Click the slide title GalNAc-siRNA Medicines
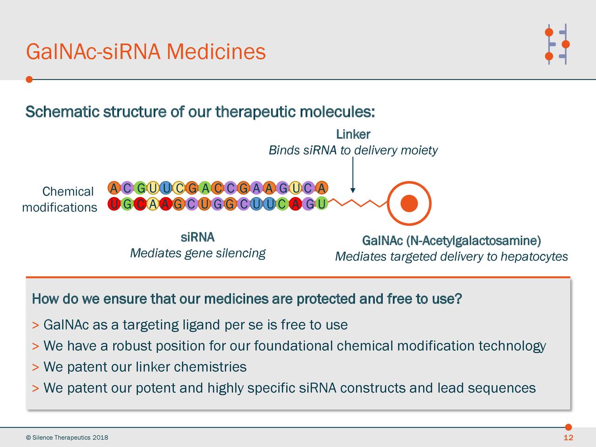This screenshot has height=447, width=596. click(146, 52)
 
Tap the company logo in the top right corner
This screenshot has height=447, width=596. click(557, 44)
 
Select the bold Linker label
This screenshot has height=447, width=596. click(353, 135)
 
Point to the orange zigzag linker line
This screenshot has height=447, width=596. click(359, 203)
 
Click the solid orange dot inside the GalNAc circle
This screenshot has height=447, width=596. click(409, 203)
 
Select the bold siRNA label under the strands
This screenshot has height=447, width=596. click(197, 237)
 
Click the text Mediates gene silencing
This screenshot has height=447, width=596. click(197, 253)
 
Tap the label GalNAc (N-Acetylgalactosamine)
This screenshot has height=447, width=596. click(451, 241)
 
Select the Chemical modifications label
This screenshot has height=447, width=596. click(59, 199)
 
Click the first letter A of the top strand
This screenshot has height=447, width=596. click(114, 189)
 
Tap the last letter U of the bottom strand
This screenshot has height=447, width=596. click(321, 204)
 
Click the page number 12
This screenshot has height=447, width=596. click(568, 438)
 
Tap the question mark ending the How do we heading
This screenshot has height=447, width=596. click(458, 298)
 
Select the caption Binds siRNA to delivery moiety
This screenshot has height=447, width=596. click(353, 150)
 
